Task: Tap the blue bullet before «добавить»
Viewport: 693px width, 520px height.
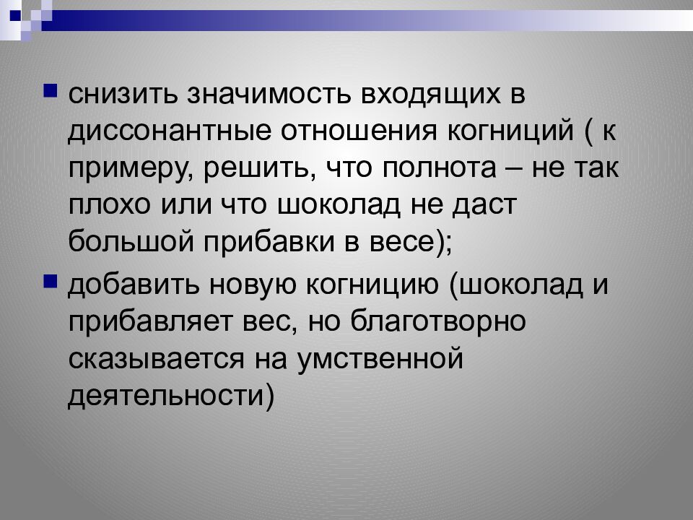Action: [x=51, y=281]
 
